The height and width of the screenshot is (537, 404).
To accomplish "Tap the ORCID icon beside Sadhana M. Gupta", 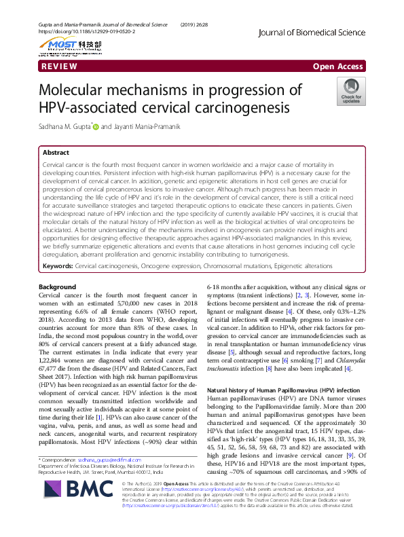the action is coord(96,126).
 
